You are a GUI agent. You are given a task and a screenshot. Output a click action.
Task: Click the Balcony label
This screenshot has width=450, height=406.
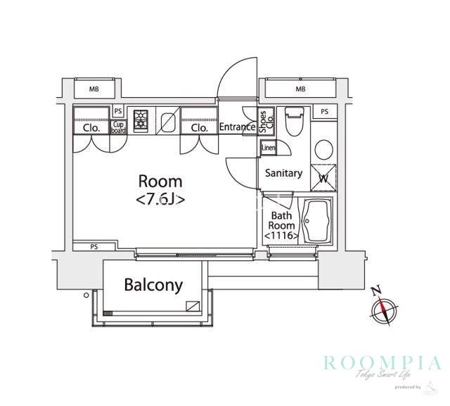click(x=153, y=285)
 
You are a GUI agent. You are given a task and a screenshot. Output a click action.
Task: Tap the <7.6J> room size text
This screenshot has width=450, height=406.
click(x=160, y=199)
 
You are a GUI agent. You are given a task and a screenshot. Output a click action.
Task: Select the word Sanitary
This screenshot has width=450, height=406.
click(x=283, y=173)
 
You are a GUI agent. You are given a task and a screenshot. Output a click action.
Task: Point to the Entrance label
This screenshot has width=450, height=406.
click(x=236, y=127)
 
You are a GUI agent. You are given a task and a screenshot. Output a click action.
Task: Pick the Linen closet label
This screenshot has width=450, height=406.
click(x=268, y=148)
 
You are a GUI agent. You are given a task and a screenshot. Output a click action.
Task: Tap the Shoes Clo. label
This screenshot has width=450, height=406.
click(x=264, y=123)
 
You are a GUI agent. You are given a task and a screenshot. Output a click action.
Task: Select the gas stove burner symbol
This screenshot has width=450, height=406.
click(x=140, y=120)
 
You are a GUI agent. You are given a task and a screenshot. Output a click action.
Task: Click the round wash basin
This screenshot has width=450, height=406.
click(x=324, y=149)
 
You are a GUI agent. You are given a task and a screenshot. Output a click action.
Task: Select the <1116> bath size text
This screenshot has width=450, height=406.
click(x=282, y=236)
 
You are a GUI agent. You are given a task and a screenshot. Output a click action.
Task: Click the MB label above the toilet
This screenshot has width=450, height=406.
click(x=301, y=89)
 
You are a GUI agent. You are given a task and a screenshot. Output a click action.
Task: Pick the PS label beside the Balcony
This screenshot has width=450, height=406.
click(x=94, y=247)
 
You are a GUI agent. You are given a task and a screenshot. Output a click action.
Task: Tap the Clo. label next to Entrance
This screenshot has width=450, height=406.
click(x=199, y=128)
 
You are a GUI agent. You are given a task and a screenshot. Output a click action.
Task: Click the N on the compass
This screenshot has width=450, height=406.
click(x=376, y=290)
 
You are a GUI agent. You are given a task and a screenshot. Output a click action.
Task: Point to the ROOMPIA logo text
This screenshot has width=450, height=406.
click(x=382, y=362)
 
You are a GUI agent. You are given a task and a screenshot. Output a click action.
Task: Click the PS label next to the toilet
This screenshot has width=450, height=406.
click(x=324, y=111)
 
